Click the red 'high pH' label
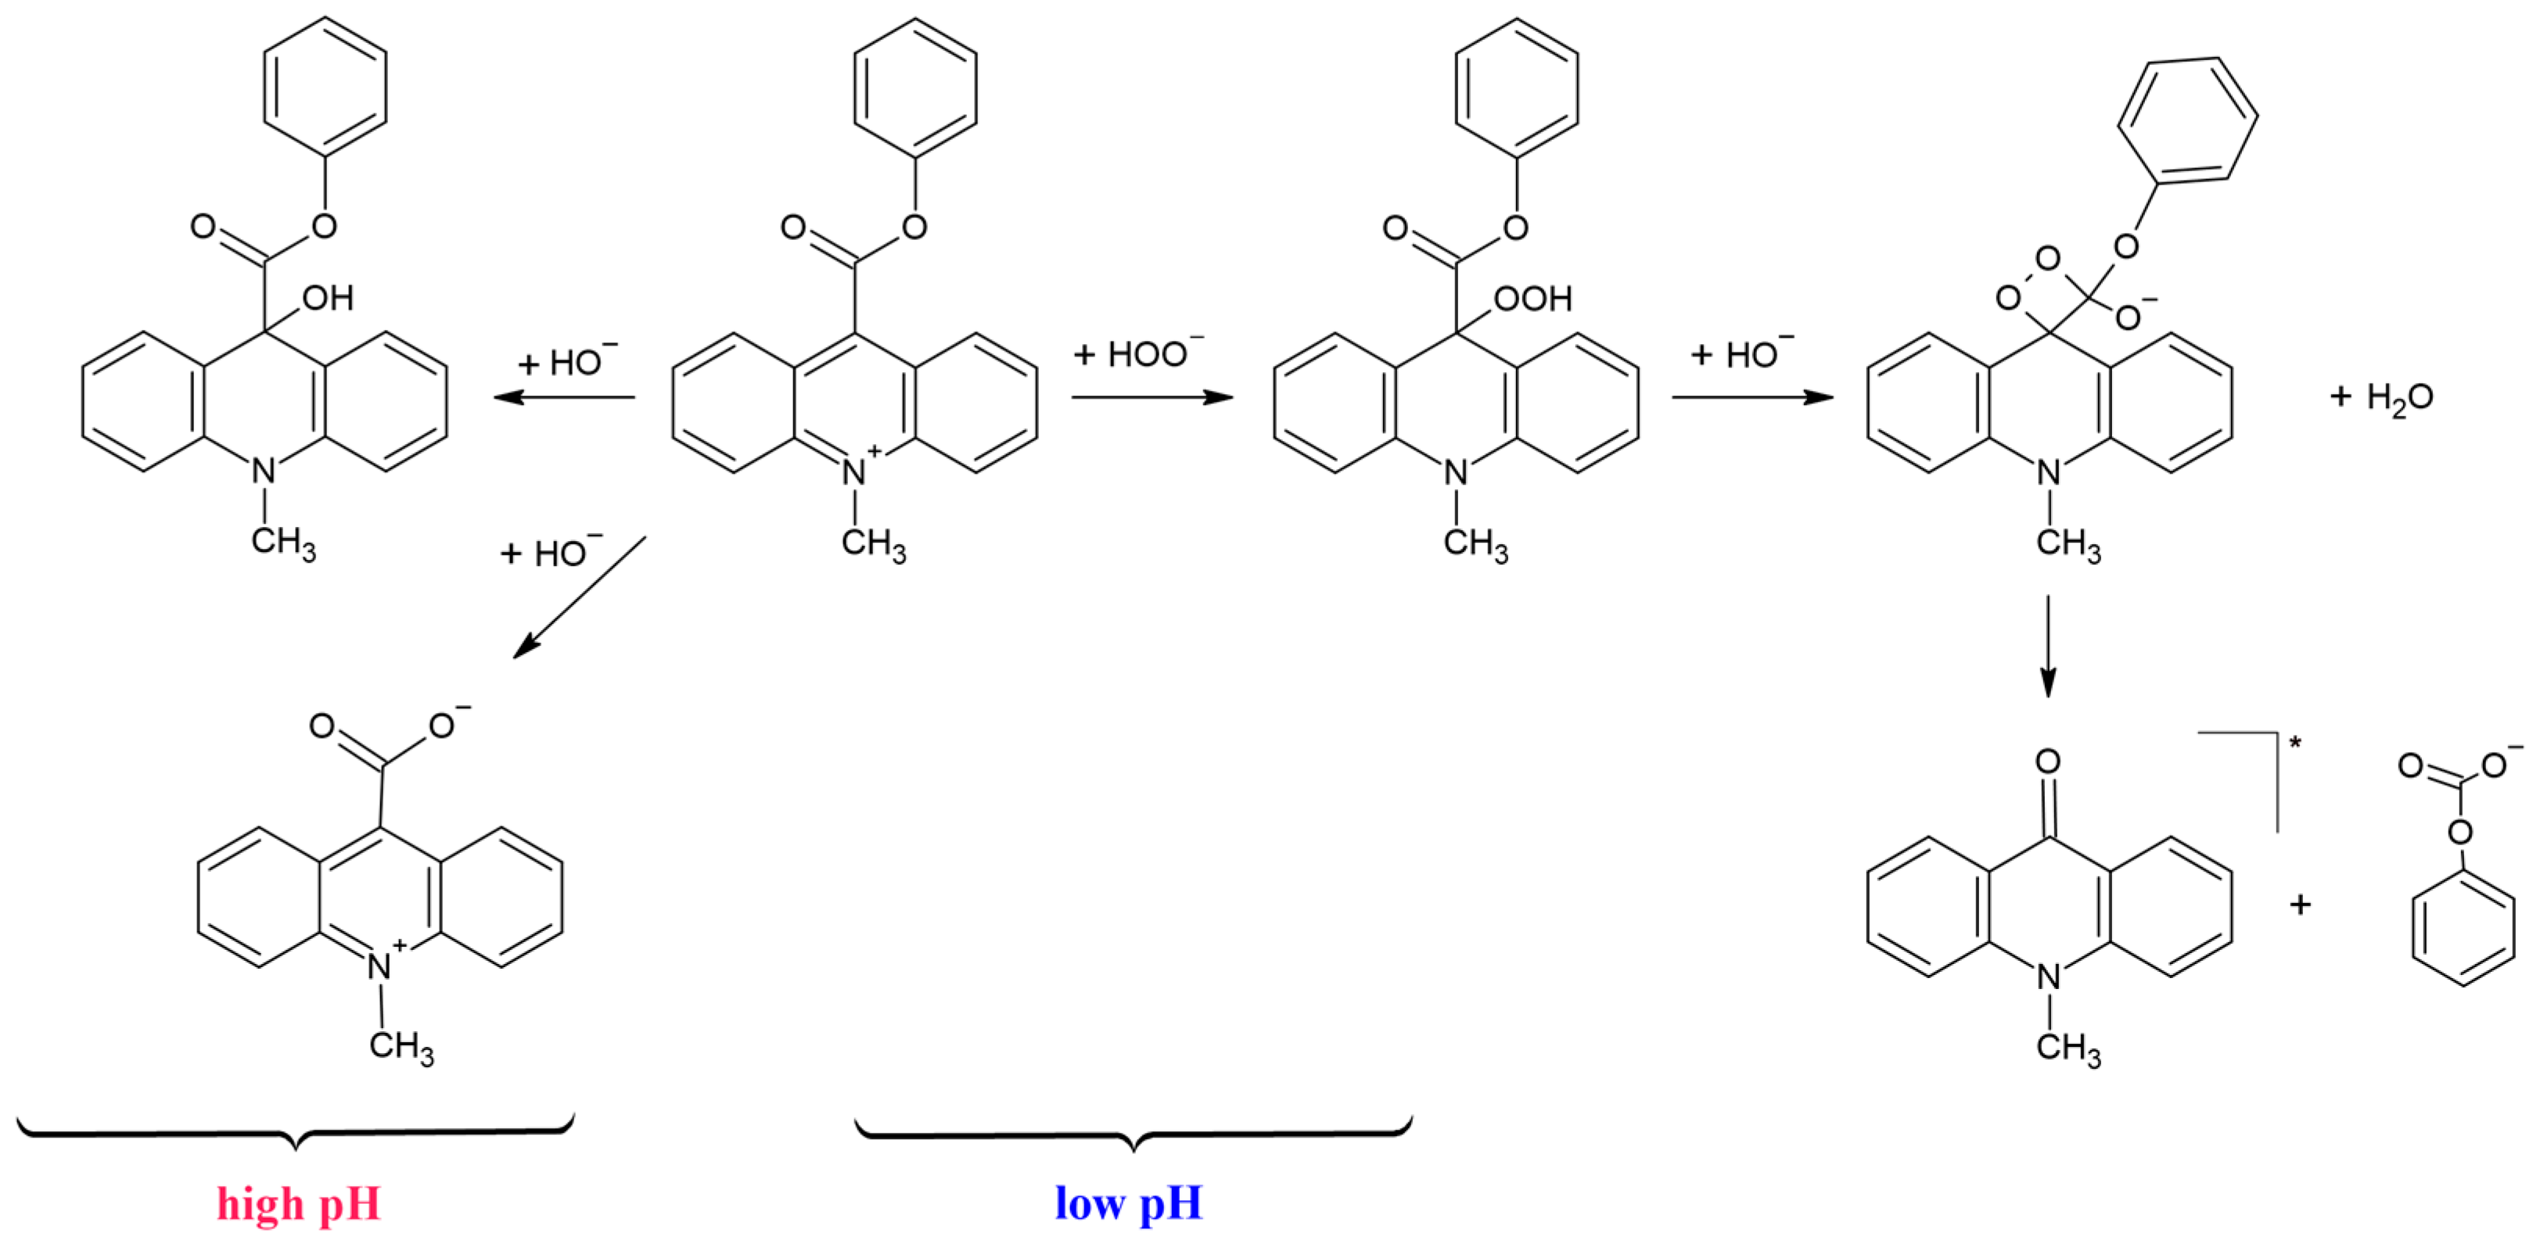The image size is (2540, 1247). click(299, 1205)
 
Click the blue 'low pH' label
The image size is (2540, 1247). click(1129, 1204)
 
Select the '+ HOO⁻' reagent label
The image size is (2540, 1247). click(1139, 353)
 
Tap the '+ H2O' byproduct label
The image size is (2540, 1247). click(2381, 397)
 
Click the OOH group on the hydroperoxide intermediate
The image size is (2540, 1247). click(1533, 299)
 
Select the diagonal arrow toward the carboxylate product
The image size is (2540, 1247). click(579, 597)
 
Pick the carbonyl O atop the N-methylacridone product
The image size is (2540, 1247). click(2048, 761)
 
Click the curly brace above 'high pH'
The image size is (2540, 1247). click(296, 1134)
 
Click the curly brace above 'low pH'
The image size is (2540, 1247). click(1134, 1134)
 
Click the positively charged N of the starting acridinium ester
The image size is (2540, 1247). click(854, 472)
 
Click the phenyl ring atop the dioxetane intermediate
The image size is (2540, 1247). click(2188, 120)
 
